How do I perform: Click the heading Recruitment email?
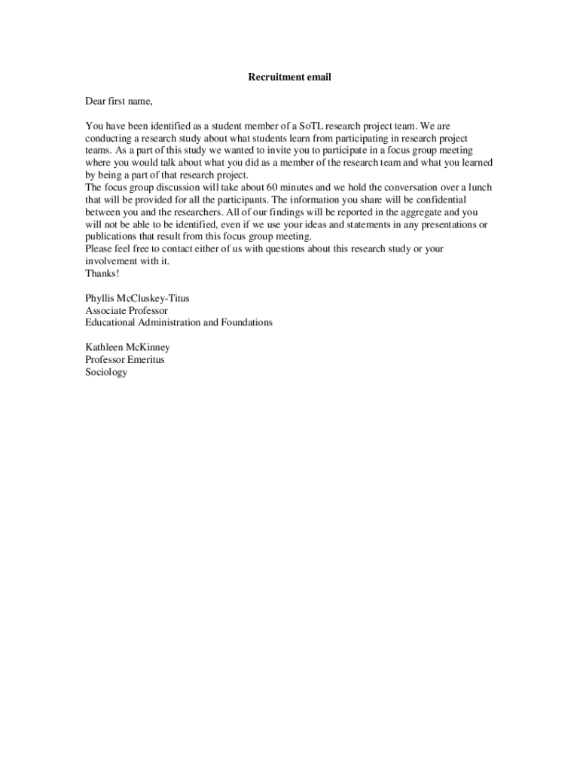(289, 77)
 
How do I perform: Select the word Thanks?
(102, 273)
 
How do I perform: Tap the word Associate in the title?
(105, 310)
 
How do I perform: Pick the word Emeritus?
(146, 359)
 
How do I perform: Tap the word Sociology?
(106, 372)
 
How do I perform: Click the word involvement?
(111, 261)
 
